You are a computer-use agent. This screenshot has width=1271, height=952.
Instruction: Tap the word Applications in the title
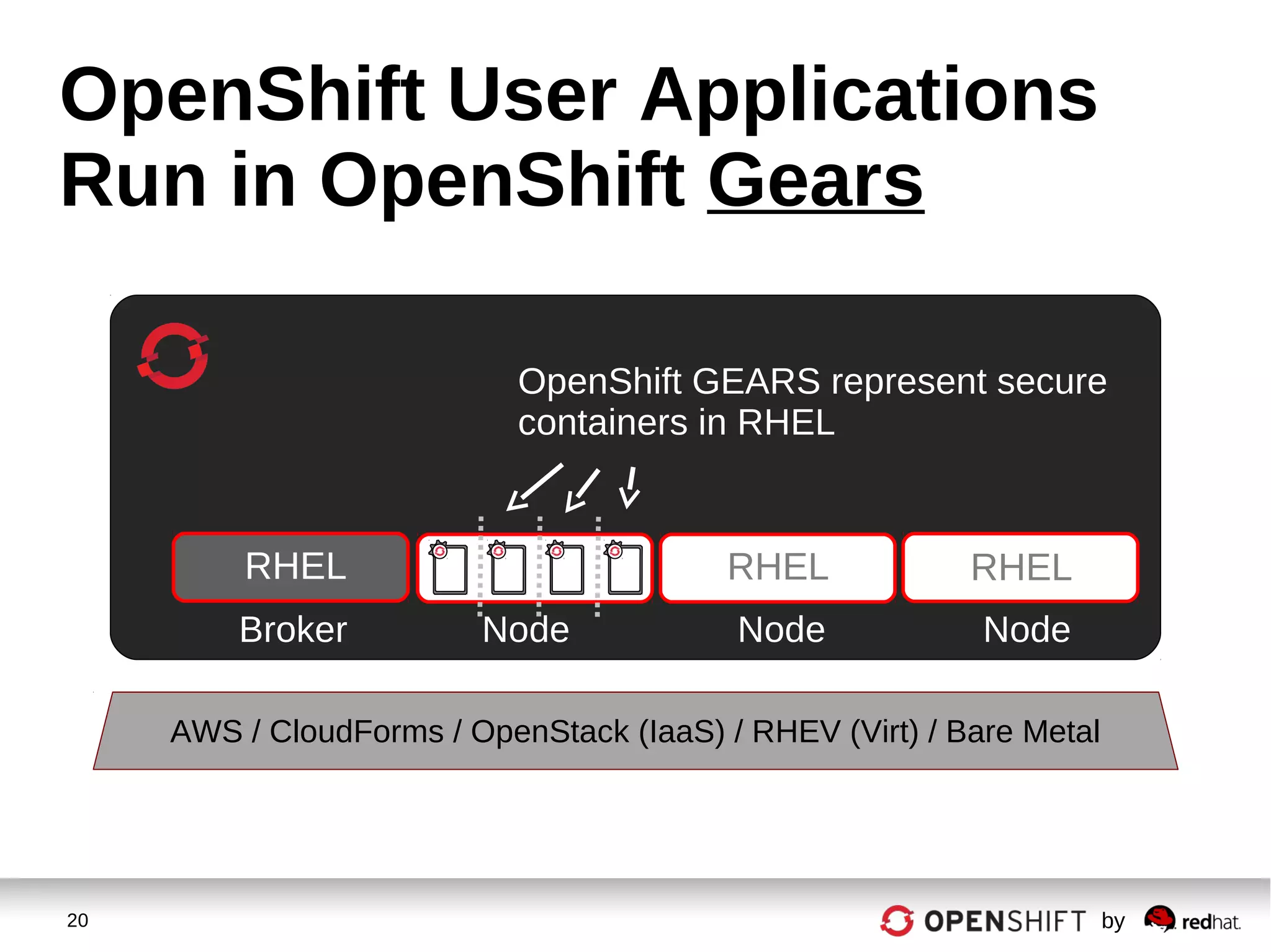click(x=869, y=96)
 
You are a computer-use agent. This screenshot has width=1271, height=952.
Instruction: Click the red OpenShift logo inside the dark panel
click(x=173, y=356)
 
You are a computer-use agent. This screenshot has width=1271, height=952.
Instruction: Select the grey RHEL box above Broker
click(x=290, y=567)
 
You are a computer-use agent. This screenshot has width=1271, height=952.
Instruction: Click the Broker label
click(x=293, y=629)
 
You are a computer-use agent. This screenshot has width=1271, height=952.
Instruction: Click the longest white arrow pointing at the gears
click(x=534, y=487)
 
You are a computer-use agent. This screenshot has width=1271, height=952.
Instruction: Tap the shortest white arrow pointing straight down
click(x=630, y=487)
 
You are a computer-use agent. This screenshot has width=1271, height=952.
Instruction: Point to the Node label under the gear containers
click(x=526, y=629)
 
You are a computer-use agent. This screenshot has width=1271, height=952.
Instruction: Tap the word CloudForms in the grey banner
click(x=356, y=731)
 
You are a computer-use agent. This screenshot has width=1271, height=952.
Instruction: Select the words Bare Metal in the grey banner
click(x=1022, y=731)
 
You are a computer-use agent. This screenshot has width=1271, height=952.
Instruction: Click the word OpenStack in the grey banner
click(x=549, y=731)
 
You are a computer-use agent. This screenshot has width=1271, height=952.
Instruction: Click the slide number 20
click(x=78, y=920)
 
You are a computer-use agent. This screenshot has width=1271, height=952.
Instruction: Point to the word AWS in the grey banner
click(x=206, y=731)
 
